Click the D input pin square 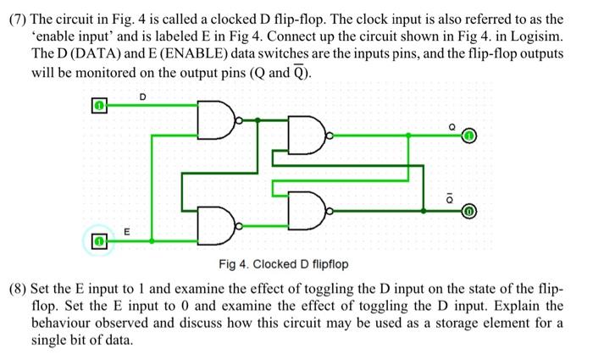point(99,106)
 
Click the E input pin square point(99,241)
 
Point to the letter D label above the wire point(142,96)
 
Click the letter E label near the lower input point(127,230)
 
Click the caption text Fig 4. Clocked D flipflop point(283,264)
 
